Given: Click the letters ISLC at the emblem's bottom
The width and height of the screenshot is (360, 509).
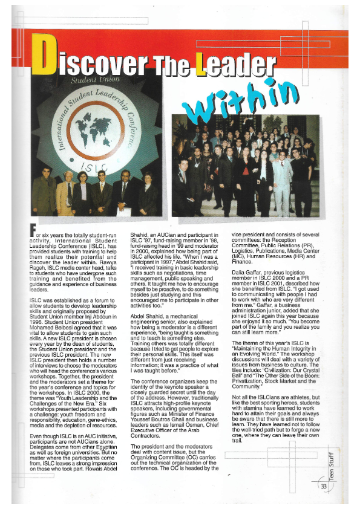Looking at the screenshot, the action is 98,166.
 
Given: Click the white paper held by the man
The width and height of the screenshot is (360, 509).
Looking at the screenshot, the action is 123,211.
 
